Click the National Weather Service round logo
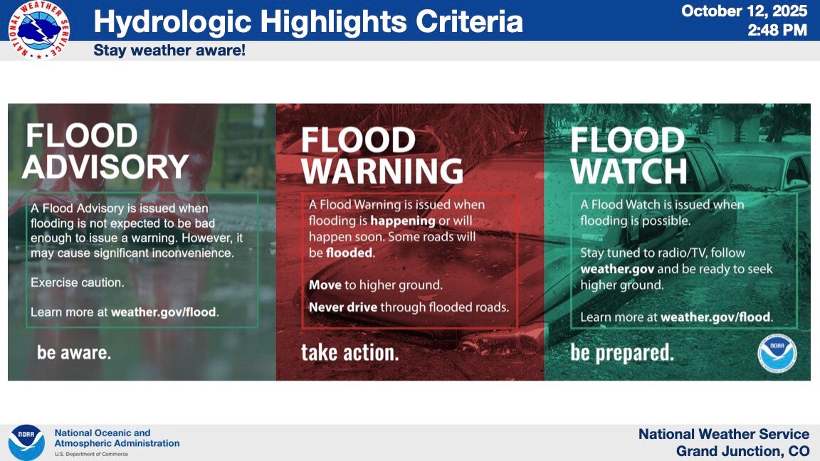point(38,29)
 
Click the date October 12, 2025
point(745,11)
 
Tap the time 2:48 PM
point(777,31)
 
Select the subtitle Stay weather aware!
point(169,51)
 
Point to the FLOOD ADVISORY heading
point(105,151)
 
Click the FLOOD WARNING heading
point(382,155)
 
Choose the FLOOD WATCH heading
point(628,155)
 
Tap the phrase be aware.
point(74,353)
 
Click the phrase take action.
point(349,353)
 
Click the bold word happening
point(403,221)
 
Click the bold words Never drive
point(343,307)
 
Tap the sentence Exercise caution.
point(78,282)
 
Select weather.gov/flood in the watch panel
point(717,317)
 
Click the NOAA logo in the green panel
point(777,354)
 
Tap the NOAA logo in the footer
point(26,443)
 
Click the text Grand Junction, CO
point(742,451)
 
